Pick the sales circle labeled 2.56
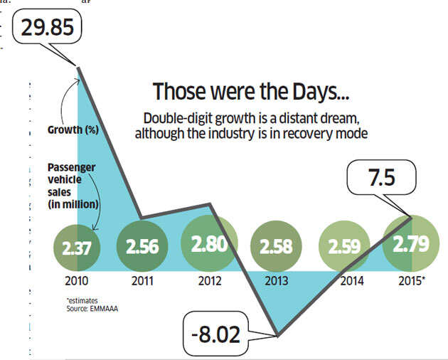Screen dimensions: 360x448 [x=142, y=246]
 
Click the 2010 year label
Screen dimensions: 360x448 [x=75, y=280]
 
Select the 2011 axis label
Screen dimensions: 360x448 [x=142, y=280]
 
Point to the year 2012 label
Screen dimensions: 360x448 [x=209, y=280]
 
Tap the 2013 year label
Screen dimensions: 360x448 [x=276, y=280]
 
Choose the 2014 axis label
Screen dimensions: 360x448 [x=351, y=280]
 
